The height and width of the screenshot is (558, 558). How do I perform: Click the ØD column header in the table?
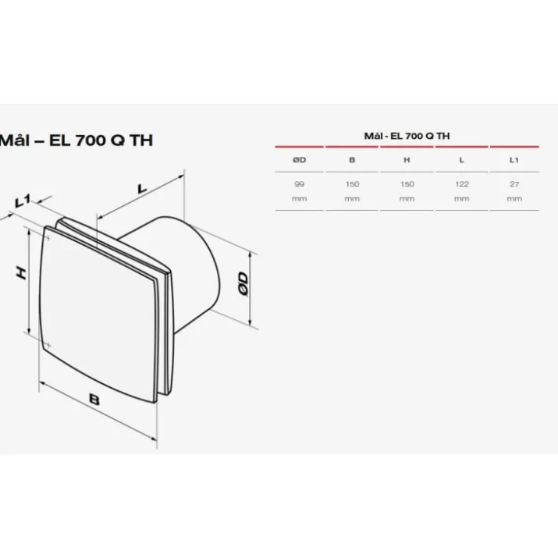299,160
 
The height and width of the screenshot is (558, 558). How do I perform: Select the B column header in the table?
352,160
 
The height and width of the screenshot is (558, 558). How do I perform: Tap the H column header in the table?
407,160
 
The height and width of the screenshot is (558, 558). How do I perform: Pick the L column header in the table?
461,160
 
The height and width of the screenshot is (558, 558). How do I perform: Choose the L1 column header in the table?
514,160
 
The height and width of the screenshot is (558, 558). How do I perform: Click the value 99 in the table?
299,184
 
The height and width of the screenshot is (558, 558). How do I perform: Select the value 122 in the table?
461,184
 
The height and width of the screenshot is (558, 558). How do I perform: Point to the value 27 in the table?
514,184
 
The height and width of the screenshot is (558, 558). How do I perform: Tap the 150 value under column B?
352,184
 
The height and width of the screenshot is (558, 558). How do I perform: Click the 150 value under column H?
407,184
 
